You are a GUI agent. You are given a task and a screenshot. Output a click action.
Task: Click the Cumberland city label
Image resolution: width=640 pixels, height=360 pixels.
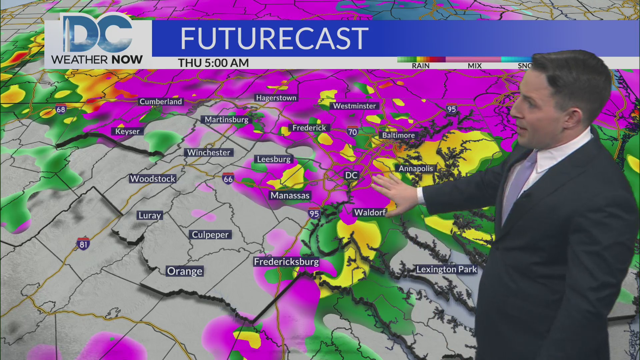(161, 102)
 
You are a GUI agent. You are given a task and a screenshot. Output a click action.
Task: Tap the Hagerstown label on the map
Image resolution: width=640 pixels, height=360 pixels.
(276, 98)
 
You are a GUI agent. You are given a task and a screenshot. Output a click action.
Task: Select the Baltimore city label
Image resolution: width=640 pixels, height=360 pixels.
(398, 135)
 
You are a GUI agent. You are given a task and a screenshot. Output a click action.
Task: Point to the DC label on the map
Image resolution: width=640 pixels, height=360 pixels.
(351, 175)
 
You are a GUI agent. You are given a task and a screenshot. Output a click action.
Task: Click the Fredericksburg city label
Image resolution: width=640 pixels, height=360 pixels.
(286, 262)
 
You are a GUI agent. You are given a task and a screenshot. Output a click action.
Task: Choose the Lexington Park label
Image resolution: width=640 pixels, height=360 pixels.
(446, 269)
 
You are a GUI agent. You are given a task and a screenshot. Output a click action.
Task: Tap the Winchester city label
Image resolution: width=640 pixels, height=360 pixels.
(209, 153)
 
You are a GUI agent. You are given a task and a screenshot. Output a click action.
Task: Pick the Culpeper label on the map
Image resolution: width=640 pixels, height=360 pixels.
(210, 235)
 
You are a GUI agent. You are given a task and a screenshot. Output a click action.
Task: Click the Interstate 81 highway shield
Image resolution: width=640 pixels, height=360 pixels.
(83, 244)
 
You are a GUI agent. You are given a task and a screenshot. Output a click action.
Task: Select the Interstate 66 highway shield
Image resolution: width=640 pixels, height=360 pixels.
(228, 179)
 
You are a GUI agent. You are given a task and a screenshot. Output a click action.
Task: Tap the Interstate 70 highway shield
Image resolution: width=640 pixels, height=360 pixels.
(352, 132)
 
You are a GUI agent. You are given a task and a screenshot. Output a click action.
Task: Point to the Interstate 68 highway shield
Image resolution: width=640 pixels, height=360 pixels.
(61, 109)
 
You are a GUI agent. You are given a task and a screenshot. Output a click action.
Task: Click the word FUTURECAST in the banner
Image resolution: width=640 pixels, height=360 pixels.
(274, 39)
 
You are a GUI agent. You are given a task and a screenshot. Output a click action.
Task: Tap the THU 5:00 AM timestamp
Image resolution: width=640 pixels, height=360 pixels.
(213, 63)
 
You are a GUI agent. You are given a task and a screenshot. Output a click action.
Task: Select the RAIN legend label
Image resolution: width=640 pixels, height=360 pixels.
(420, 66)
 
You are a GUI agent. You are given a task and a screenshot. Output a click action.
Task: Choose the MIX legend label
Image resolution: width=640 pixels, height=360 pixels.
(474, 66)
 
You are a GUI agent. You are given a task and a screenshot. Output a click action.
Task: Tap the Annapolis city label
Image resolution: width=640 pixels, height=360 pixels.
(416, 169)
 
